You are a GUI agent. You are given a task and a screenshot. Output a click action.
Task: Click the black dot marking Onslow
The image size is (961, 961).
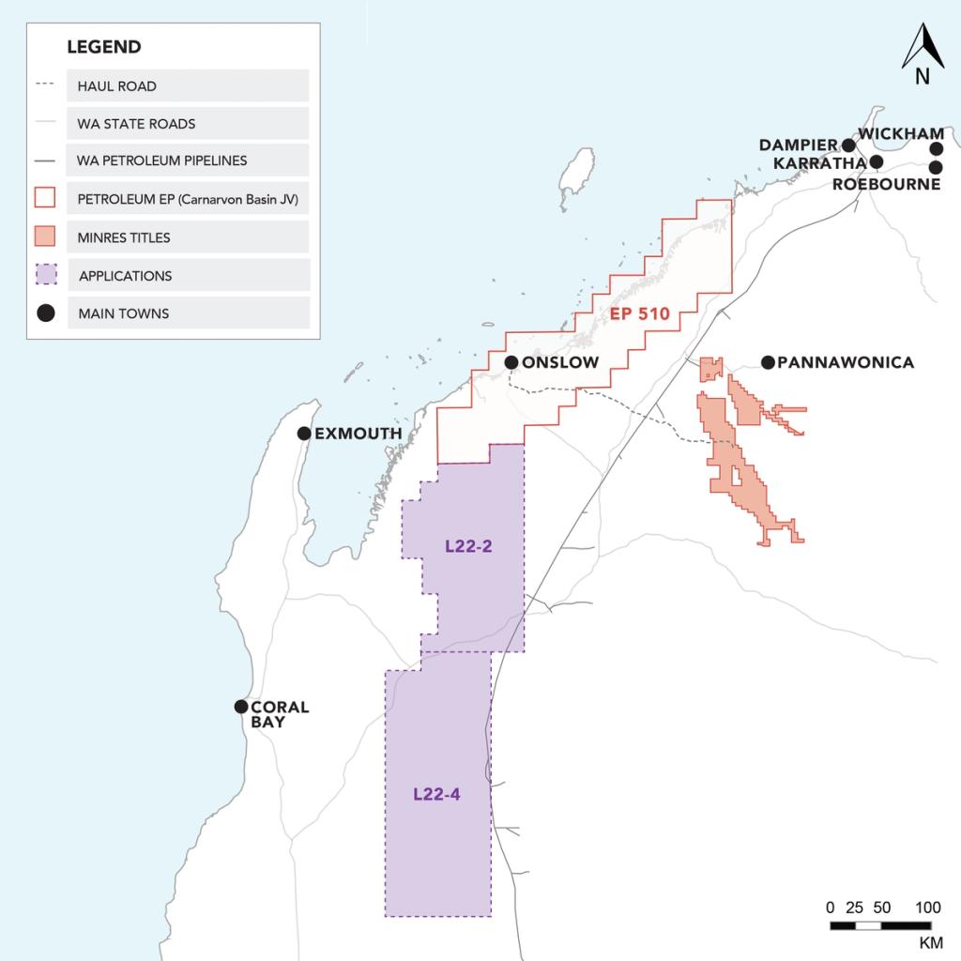tap(511, 362)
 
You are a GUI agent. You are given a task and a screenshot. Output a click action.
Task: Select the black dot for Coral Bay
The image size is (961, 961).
tap(241, 707)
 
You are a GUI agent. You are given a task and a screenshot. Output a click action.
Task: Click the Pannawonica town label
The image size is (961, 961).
tap(846, 362)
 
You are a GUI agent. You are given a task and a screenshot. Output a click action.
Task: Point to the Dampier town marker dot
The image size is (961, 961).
tap(848, 145)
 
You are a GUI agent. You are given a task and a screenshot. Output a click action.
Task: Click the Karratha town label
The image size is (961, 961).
tap(819, 163)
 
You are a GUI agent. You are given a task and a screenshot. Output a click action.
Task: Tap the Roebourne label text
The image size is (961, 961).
tap(886, 184)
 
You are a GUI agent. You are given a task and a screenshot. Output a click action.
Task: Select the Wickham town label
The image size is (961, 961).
tap(901, 134)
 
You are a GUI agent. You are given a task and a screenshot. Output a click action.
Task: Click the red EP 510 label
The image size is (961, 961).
tap(639, 313)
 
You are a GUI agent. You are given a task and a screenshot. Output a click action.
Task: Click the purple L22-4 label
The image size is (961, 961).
tap(436, 794)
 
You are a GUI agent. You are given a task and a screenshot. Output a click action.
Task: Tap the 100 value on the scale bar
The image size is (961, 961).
tap(927, 908)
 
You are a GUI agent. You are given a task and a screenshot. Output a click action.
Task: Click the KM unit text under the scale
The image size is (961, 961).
tap(930, 941)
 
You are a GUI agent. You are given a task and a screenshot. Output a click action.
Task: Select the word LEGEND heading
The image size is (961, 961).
tap(104, 47)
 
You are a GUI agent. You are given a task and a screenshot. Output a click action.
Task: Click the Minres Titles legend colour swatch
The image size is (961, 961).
tap(45, 236)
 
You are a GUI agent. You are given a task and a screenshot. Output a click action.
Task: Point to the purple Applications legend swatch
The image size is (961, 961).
tap(45, 275)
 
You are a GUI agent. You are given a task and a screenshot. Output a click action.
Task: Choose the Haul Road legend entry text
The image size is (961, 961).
tap(117, 85)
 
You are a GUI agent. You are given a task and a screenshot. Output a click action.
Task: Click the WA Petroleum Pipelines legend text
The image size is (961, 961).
tap(162, 160)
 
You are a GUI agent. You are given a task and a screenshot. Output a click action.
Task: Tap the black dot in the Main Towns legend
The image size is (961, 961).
tap(45, 313)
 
